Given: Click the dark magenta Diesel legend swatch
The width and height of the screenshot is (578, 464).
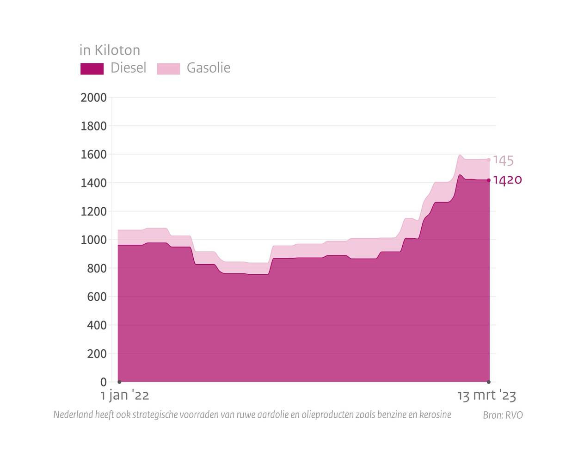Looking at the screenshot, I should pos(92,68).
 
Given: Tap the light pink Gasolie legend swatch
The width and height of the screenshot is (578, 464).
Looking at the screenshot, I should pos(168,68).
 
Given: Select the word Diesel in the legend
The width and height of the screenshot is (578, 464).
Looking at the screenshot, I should pos(128,68).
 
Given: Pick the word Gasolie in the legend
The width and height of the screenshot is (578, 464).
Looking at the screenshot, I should pos(208,68).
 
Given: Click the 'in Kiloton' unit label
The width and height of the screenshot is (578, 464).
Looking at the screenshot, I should pos(110,50).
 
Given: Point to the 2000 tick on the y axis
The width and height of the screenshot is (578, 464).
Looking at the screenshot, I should pos(93,98).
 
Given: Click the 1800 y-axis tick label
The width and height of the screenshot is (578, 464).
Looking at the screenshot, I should pos(93,126).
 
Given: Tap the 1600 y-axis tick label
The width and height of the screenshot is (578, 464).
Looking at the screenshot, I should pos(93,155).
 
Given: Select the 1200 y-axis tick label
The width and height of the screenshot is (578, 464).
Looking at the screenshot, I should pos(93,211).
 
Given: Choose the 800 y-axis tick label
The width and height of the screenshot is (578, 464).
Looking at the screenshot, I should pos(97,268).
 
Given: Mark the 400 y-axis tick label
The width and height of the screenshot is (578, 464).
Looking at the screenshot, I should pos(97,325).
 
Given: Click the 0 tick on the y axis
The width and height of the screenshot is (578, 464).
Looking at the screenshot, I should pos(103,382).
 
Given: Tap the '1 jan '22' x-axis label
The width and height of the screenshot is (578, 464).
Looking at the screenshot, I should pos(125,396).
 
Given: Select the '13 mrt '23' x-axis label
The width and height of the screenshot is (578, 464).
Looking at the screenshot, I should pos(486,396).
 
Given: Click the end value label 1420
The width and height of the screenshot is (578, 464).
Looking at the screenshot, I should pos(507,180).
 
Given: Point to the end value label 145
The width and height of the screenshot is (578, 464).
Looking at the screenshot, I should pos(503,161).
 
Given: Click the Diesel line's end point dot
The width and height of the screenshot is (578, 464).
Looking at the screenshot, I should pos(489,180).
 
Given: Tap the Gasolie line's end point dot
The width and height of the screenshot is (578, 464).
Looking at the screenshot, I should pos(489,160).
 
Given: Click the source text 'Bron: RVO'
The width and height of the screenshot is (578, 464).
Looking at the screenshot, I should pos(503,415).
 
